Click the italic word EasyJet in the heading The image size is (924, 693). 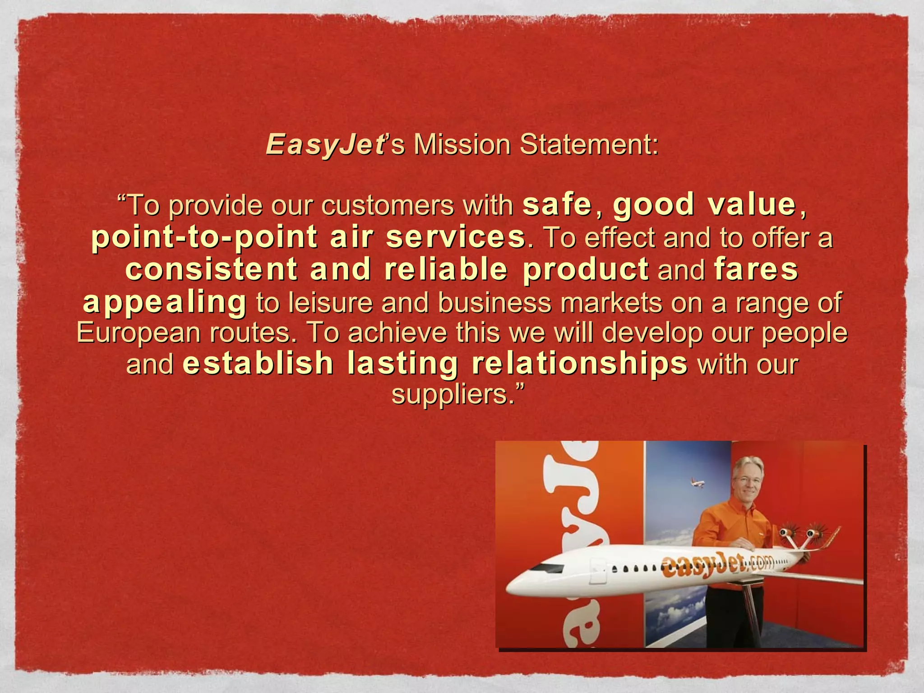(325, 145)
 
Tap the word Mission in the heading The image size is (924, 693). (462, 145)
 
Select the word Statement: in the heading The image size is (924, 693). (589, 145)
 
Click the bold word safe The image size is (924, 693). (557, 204)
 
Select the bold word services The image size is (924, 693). (455, 237)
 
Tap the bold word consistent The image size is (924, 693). (211, 269)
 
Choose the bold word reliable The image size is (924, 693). (446, 269)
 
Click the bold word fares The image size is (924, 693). (756, 269)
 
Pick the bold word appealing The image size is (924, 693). (165, 302)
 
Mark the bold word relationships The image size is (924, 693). (579, 364)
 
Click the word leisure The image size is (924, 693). (330, 302)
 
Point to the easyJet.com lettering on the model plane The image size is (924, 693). (717, 564)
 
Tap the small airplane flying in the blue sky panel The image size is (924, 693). (698, 484)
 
